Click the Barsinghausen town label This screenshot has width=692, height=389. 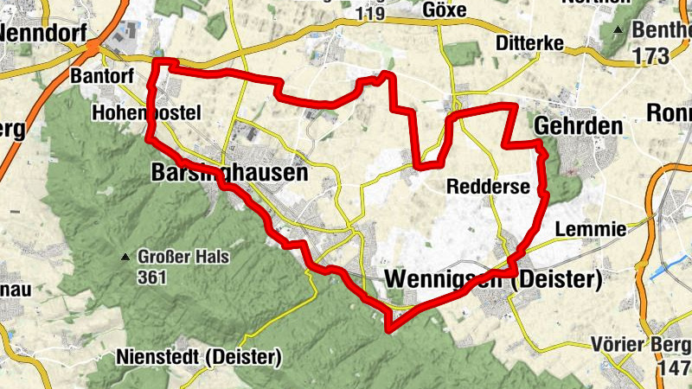[x=229, y=173]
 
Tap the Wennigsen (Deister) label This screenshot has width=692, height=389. [x=491, y=280]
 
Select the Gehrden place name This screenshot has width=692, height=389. [x=578, y=125]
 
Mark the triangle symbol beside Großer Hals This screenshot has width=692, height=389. [x=126, y=258]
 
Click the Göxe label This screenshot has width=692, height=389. [x=446, y=10]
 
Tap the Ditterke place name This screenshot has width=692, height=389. [x=531, y=42]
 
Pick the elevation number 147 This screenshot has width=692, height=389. [x=673, y=369]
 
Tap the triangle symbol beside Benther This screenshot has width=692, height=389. [x=618, y=30]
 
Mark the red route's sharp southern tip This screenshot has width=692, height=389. [x=390, y=328]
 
